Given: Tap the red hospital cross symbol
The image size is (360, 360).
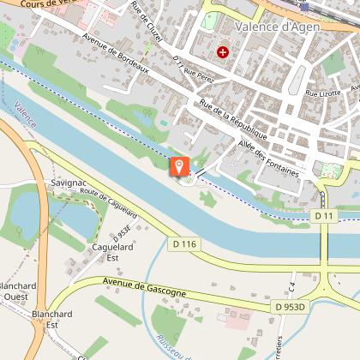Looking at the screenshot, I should pyautogui.click(x=224, y=52).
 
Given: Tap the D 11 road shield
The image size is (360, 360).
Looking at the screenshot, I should pyautogui.click(x=323, y=216).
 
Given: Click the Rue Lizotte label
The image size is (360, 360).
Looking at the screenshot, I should pyautogui.click(x=323, y=92).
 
